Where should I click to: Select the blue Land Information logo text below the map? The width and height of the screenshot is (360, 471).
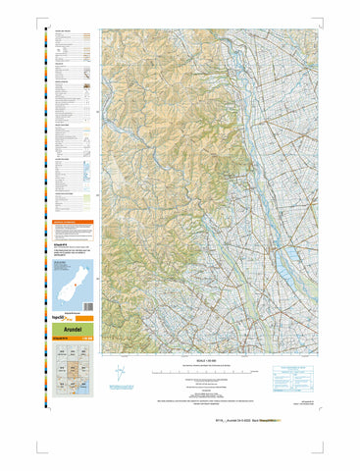point(128,390)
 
